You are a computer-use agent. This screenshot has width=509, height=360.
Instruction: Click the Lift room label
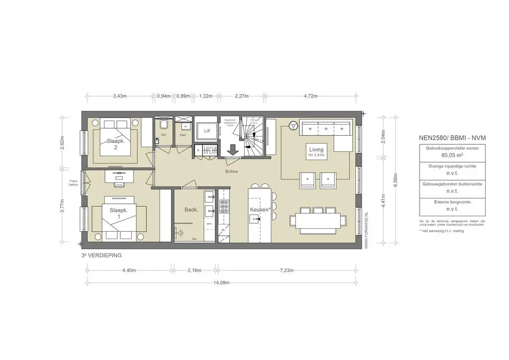click(207, 131)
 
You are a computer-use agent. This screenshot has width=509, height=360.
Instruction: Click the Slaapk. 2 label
click(115, 144)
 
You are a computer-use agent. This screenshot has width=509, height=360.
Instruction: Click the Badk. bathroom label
click(191, 210)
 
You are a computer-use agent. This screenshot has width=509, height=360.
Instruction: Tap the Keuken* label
click(260, 210)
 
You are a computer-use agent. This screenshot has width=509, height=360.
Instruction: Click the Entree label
click(231, 172)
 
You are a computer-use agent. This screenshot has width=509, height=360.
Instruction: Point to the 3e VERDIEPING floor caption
click(102, 255)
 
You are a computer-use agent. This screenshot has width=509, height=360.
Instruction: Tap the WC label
click(163, 135)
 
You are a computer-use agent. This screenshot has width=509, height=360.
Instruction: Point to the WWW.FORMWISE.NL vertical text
click(366, 230)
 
